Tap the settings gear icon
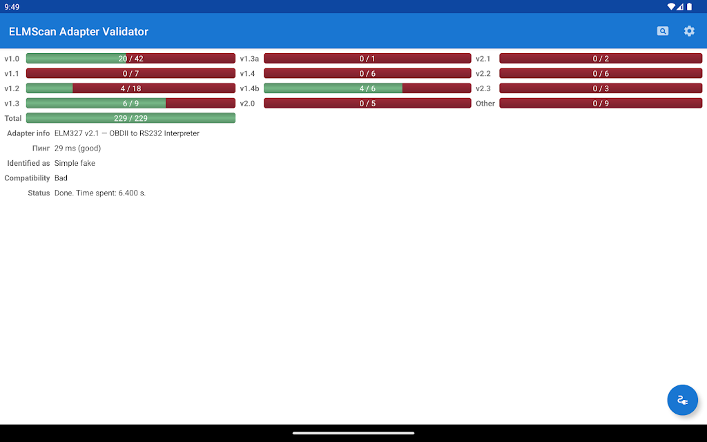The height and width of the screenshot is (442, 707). (689, 31)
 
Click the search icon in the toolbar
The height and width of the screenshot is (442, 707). (662, 31)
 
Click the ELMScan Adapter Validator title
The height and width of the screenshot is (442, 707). (79, 32)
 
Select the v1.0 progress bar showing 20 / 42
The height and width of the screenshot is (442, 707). (130, 59)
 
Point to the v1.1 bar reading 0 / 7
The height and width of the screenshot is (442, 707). (130, 73)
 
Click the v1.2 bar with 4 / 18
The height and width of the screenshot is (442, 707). (130, 88)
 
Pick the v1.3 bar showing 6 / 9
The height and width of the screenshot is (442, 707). (130, 104)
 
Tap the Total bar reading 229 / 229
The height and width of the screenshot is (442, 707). (130, 118)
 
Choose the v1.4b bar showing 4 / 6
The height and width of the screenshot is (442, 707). (367, 88)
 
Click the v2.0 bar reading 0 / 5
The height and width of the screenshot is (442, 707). (367, 104)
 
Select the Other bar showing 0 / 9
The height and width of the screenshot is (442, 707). (601, 104)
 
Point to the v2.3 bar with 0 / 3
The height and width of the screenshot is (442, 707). (601, 88)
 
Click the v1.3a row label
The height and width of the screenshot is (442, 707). (249, 59)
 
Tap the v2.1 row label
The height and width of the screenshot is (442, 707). (483, 59)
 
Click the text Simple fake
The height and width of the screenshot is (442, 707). (75, 163)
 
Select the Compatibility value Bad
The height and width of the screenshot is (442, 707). (61, 178)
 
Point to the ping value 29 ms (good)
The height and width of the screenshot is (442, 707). (77, 148)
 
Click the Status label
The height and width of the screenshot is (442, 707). (39, 193)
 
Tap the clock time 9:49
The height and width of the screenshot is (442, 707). (12, 7)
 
